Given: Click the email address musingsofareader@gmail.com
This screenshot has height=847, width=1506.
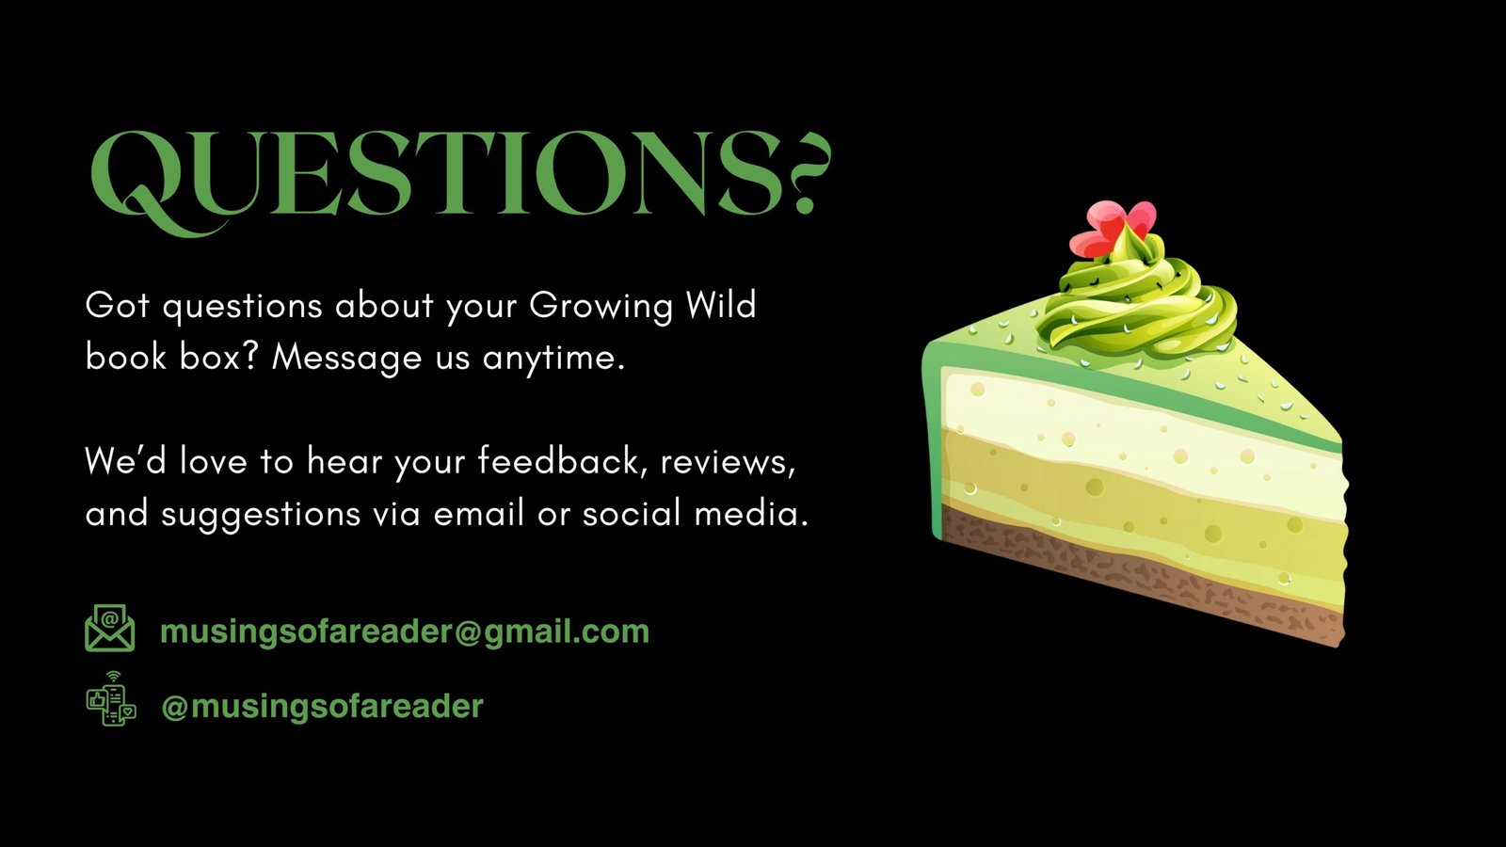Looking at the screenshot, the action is [x=405, y=631].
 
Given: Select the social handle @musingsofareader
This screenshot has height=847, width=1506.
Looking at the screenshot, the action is [x=323, y=707].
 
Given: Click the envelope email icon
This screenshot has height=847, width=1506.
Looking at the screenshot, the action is [x=110, y=628].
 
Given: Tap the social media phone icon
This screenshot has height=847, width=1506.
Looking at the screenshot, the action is [x=112, y=699].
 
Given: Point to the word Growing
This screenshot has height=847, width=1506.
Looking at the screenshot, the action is [x=601, y=307].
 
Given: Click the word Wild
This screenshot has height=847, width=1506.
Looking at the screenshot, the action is [x=721, y=305].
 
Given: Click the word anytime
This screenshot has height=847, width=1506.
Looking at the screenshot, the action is [x=554, y=359].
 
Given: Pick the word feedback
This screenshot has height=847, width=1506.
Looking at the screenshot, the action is [x=564, y=461].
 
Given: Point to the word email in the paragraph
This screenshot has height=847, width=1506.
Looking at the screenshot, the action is [x=479, y=513].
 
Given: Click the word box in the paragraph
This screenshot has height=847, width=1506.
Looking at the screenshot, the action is [x=218, y=357].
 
